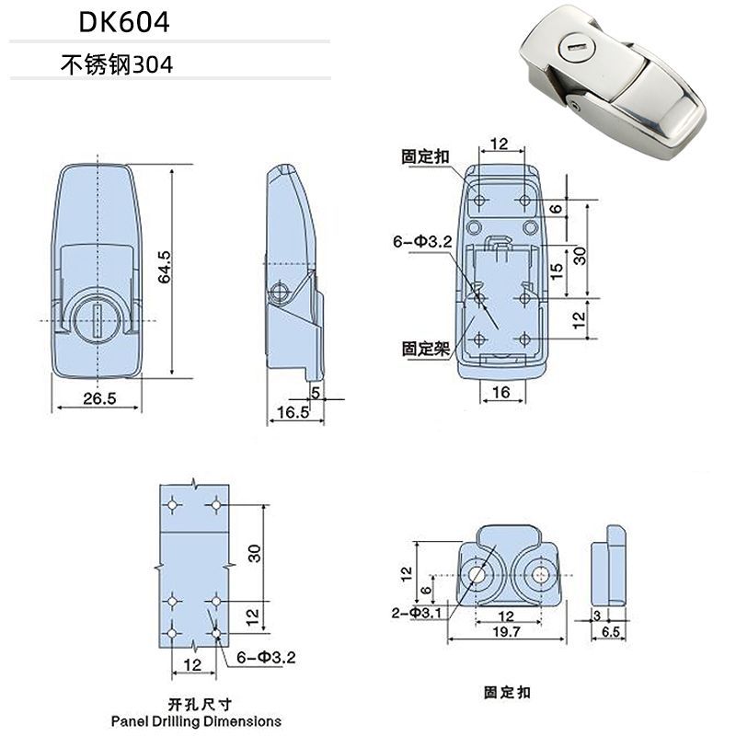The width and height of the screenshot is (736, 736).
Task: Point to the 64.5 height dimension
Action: coord(165,268)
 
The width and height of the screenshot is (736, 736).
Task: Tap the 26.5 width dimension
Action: coord(98,398)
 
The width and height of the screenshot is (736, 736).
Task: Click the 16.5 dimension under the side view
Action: coord(291,413)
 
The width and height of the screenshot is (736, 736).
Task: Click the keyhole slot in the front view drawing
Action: coord(98,320)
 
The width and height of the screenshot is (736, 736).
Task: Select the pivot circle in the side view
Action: coord(282,292)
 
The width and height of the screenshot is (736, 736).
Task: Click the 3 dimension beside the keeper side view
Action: coord(598,614)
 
